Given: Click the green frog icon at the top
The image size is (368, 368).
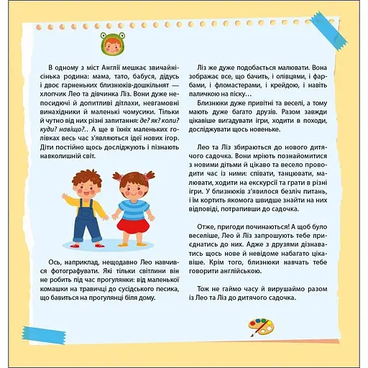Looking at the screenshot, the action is click(104, 44).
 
